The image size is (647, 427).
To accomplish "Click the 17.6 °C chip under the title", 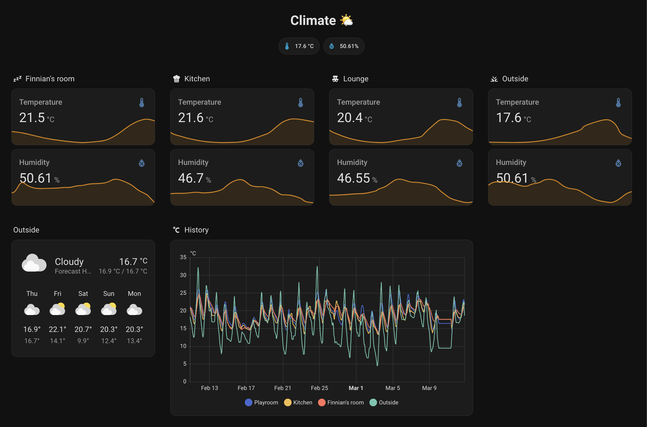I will click(x=299, y=46).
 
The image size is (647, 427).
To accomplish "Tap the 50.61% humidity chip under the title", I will click(x=344, y=46).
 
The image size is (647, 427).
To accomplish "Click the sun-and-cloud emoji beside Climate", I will click(x=346, y=21).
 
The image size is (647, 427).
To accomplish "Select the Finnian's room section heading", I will click(x=50, y=79).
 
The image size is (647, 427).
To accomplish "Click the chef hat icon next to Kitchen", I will click(x=177, y=79).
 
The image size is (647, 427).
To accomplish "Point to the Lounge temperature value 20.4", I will click(x=349, y=118).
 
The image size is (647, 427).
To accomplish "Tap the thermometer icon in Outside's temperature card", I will click(x=618, y=103).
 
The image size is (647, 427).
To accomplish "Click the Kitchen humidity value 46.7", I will click(x=191, y=178).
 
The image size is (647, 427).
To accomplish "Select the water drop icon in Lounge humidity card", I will click(x=459, y=163).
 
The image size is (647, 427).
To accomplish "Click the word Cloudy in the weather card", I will click(x=69, y=262).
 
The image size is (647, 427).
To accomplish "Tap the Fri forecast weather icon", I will click(x=57, y=309).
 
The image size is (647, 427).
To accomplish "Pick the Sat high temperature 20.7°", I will click(x=83, y=329).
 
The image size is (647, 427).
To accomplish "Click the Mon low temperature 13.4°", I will click(x=134, y=341).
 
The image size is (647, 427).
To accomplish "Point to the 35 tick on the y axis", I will click(x=183, y=257).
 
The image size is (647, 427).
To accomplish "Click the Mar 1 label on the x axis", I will click(x=356, y=388).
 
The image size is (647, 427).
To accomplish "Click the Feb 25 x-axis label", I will click(x=319, y=388).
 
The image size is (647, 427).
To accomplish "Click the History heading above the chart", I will click(x=196, y=230).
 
